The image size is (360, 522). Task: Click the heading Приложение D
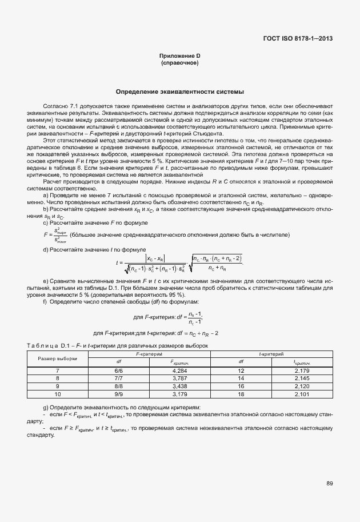click(x=179, y=55)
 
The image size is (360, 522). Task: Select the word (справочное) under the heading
click(x=179, y=62)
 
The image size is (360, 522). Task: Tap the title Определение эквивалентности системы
click(x=179, y=91)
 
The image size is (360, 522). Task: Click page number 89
click(x=330, y=483)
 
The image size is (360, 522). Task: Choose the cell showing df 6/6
click(x=119, y=370)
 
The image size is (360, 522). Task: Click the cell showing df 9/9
click(x=119, y=394)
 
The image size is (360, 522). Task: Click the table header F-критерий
click(x=150, y=354)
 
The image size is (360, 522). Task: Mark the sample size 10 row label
click(x=57, y=394)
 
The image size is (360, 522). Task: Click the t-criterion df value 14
click(x=241, y=378)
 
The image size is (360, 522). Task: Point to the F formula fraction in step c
click(x=57, y=235)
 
